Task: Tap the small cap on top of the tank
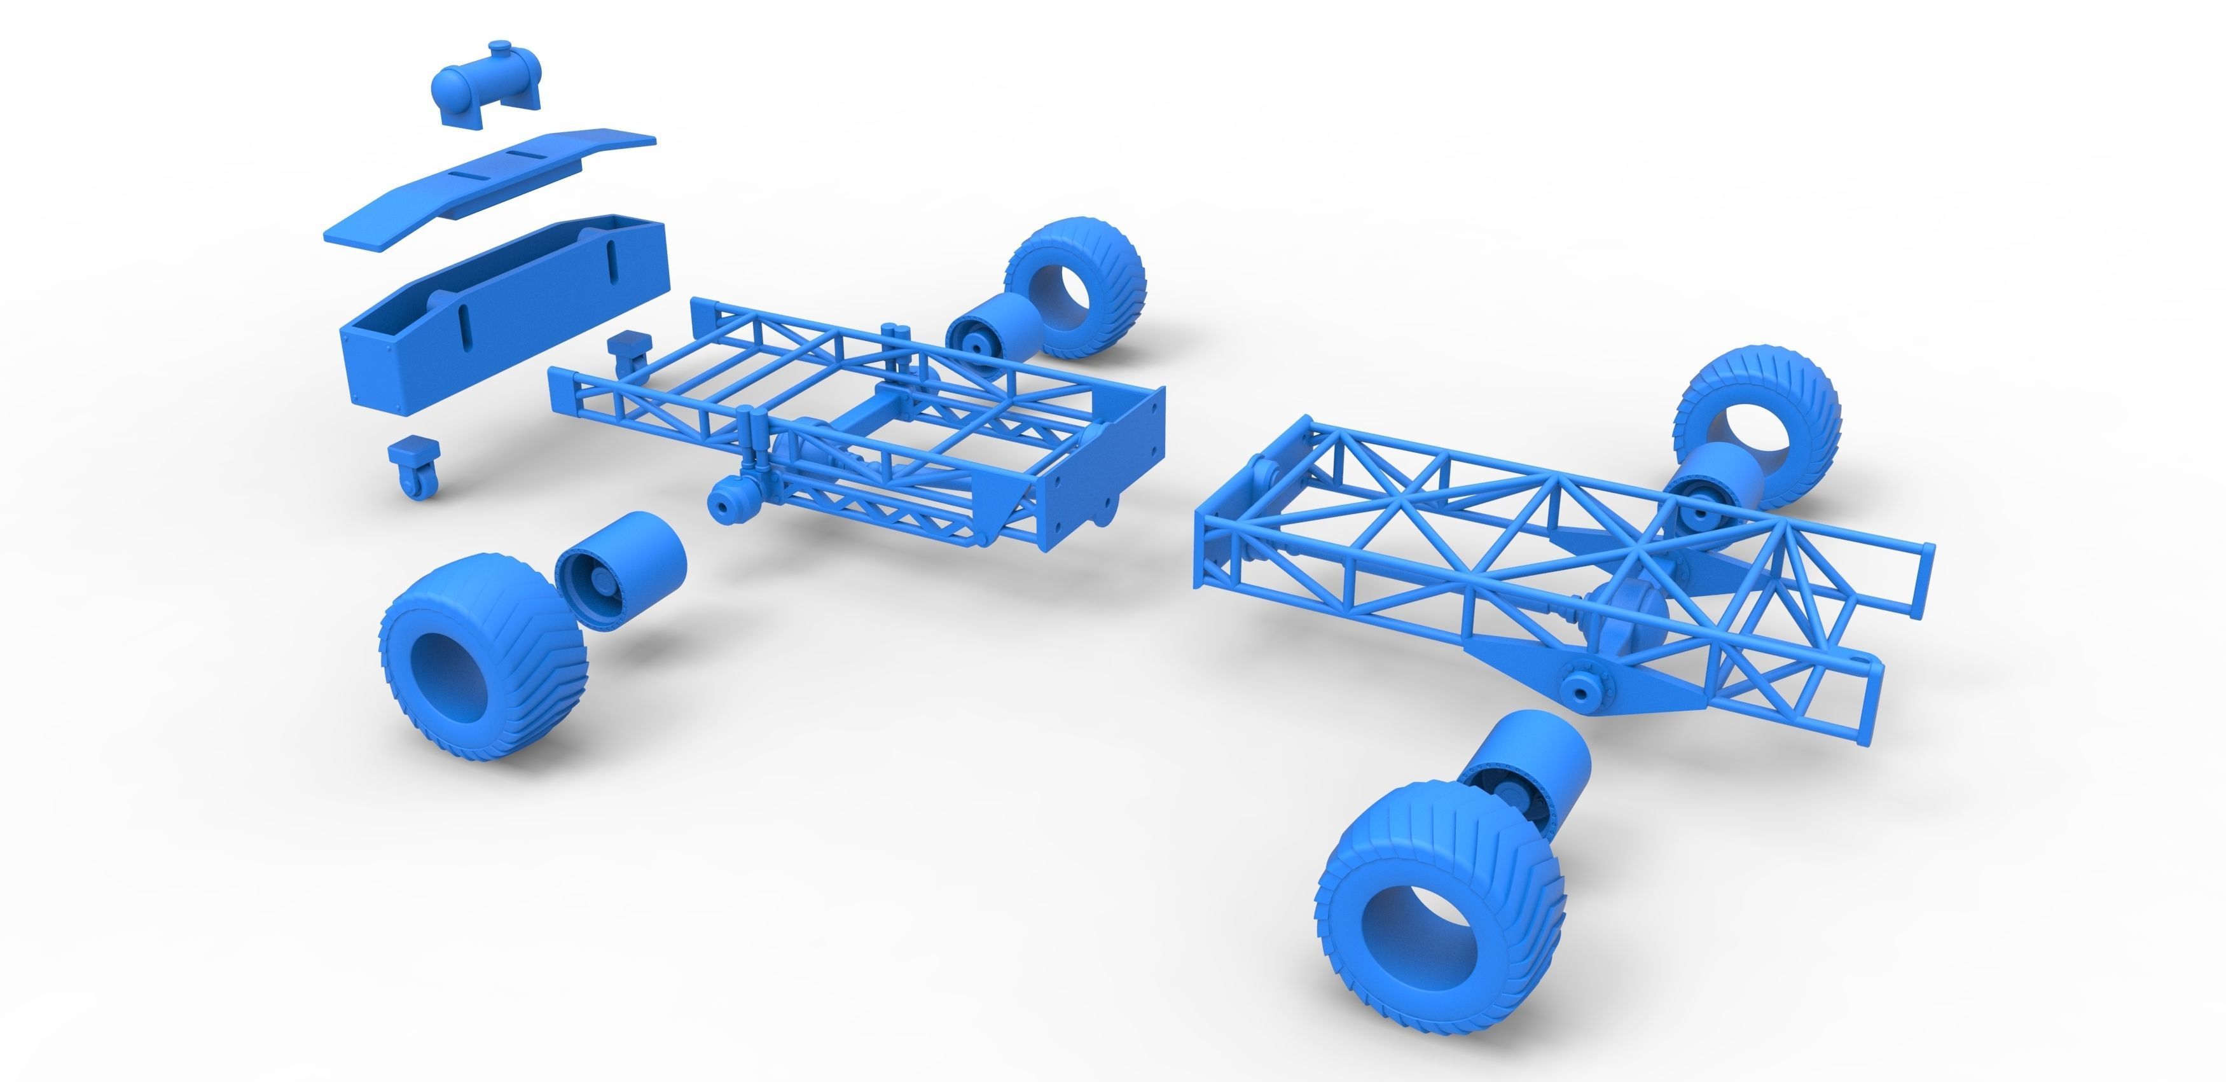pyautogui.click(x=499, y=45)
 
